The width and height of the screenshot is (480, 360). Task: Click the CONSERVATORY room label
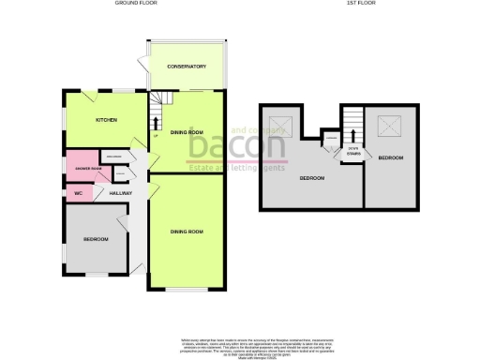187,67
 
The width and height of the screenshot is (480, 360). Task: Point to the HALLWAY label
119,193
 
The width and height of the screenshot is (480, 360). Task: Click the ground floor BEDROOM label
96,240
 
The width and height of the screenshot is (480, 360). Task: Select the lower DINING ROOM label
187,231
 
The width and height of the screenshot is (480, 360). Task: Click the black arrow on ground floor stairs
155,121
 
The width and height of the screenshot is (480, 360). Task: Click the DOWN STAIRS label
352,150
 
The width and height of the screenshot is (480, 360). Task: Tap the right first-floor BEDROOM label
392,158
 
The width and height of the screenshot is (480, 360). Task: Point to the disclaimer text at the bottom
239,344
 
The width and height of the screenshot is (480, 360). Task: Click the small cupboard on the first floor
330,142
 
